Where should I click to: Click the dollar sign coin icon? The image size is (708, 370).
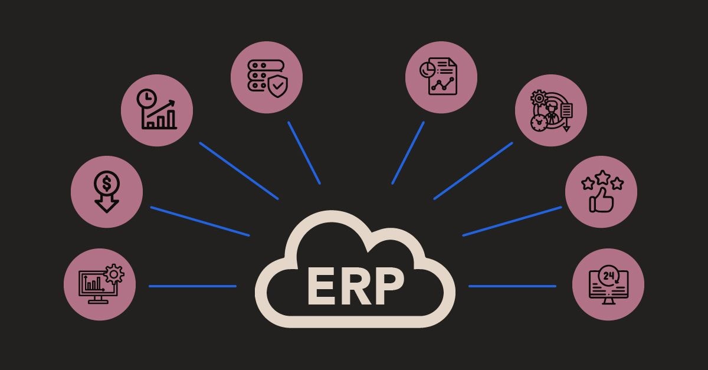(x=106, y=184)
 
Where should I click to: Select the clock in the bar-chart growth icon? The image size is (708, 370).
(x=145, y=99)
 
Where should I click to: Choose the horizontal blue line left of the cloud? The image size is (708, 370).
(x=192, y=286)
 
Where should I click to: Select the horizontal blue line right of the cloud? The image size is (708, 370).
(x=512, y=286)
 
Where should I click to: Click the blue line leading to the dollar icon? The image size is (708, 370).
(x=199, y=221)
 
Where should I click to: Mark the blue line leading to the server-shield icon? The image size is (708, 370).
(x=304, y=153)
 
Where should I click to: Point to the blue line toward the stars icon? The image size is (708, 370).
(x=512, y=221)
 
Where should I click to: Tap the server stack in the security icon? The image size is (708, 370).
(x=257, y=76)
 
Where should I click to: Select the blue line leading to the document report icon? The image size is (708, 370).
(x=408, y=153)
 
